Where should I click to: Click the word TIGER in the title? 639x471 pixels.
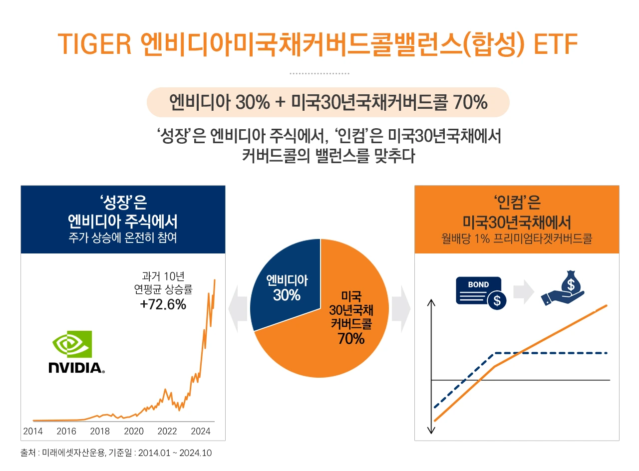pos(94,44)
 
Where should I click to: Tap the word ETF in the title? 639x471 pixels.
pos(556,44)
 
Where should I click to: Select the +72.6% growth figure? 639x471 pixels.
pos(163,304)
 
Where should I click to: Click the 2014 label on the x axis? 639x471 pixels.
pos(33,431)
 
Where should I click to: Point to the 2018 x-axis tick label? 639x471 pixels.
pos(100,431)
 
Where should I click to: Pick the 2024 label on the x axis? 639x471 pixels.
pos(201,431)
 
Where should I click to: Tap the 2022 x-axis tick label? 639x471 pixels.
pos(167,431)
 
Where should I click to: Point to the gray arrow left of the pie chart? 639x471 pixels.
pos(238,309)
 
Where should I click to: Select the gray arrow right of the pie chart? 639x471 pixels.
pos(401,309)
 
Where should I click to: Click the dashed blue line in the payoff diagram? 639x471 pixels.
pos(549,353)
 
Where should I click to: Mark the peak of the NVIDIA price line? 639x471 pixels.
pos(215,280)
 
